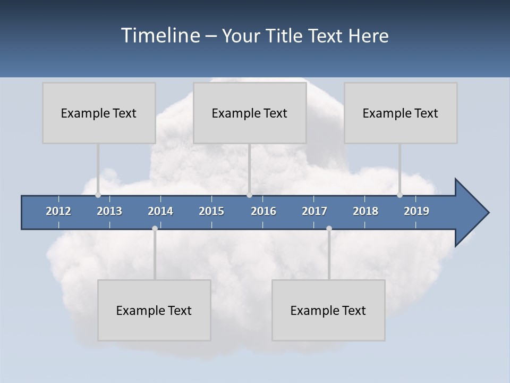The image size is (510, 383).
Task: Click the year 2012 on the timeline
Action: (58, 211)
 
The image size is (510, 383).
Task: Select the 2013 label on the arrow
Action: (109, 211)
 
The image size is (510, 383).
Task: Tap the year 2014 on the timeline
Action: (160, 211)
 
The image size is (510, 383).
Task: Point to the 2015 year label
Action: (211, 211)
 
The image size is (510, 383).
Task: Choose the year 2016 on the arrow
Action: (263, 211)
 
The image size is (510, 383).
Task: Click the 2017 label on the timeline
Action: (314, 211)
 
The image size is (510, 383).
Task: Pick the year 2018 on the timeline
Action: (365, 211)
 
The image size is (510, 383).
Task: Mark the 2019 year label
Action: (416, 211)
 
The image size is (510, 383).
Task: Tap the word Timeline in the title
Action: (160, 36)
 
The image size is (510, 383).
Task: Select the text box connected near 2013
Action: (99, 113)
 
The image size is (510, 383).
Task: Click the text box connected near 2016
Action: (250, 113)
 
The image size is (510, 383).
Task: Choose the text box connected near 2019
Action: (401, 113)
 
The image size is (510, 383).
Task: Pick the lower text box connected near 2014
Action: (154, 310)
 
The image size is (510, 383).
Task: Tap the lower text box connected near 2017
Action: (328, 310)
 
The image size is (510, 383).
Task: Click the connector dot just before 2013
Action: (98, 195)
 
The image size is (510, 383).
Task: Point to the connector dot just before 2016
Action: (249, 195)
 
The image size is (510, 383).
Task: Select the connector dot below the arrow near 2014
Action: (155, 229)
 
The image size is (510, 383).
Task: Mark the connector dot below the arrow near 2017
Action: (329, 229)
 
